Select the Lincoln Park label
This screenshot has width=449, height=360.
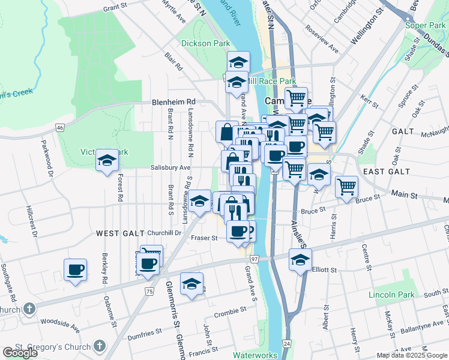pyautogui.click(x=391, y=295)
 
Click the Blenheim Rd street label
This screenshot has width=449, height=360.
pyautogui.click(x=174, y=102)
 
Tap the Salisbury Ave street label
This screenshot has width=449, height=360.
pyautogui.click(x=170, y=168)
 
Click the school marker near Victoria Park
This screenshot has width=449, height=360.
pyautogui.click(x=107, y=160)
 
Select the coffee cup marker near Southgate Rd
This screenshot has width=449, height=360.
pyautogui.click(x=76, y=269)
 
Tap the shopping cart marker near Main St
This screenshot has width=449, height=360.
pyautogui.click(x=347, y=187)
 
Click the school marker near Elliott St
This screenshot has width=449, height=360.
pyautogui.click(x=300, y=259)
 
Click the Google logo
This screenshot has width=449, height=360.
pyautogui.click(x=20, y=353)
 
